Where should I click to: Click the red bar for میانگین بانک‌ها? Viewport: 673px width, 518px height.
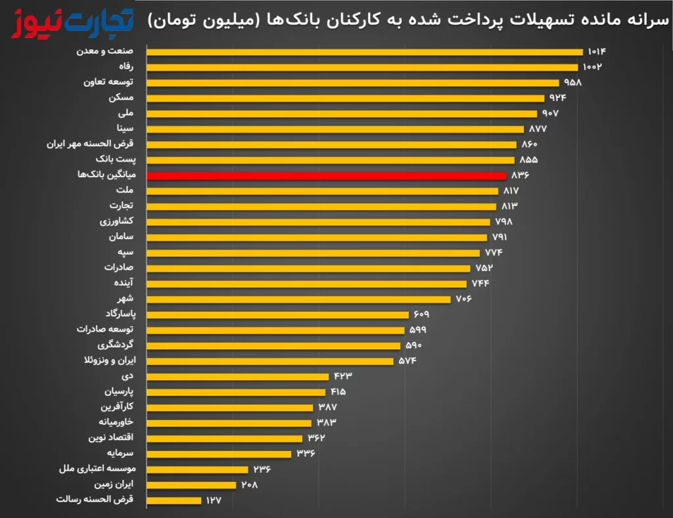tap(327, 175)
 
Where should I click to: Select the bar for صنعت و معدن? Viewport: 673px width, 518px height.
tap(365, 52)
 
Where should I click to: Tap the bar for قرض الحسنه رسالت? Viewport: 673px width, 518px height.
tap(174, 500)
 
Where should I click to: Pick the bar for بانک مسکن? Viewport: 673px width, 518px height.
tap(346, 98)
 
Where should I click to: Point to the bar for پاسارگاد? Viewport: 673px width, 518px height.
tap(277, 314)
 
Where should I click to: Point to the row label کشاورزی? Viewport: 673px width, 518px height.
tap(116, 221)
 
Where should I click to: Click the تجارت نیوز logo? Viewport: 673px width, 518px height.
tap(72, 21)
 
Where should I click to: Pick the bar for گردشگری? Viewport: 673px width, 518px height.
tap(273, 345)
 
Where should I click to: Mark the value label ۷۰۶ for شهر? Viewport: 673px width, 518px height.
tap(463, 299)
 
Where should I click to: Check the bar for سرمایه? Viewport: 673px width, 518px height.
tap(219, 454)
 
